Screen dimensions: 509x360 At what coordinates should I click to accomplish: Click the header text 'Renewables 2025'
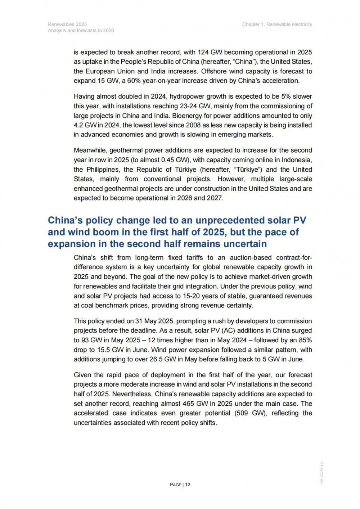[67, 24]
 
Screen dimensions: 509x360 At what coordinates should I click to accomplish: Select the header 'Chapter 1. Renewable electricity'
[277, 24]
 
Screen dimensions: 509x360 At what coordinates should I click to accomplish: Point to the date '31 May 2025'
[154, 321]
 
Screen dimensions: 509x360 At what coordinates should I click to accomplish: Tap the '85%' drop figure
[305, 340]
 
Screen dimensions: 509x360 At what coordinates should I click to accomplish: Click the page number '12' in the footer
[188, 485]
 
